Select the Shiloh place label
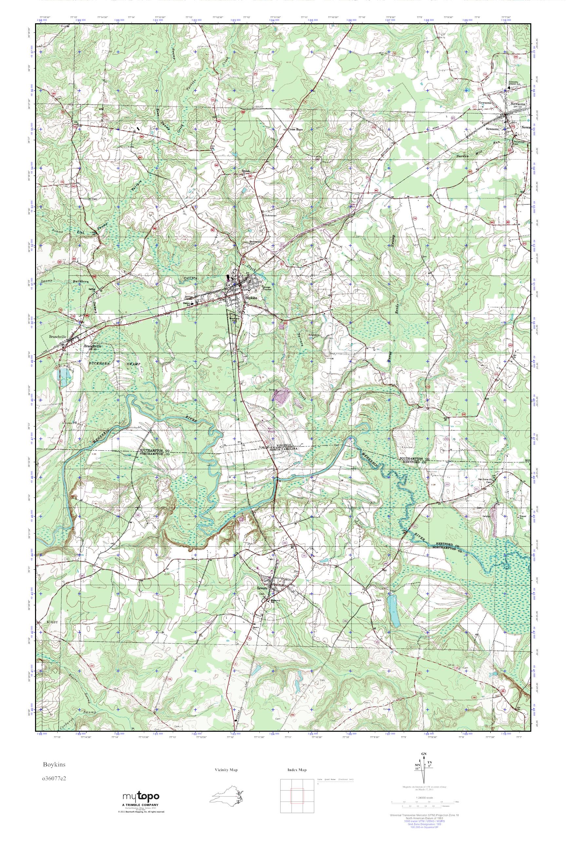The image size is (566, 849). pos(246,171)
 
